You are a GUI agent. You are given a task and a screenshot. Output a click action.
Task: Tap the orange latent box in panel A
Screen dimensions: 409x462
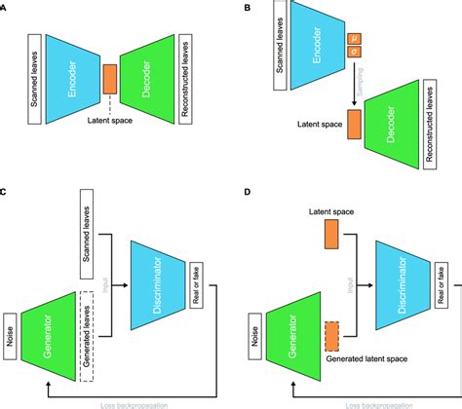[x=109, y=75]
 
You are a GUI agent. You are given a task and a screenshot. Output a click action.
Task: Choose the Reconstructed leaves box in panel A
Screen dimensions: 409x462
[x=186, y=74]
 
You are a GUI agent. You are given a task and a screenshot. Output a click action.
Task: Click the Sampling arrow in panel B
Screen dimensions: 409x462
[x=353, y=92]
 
